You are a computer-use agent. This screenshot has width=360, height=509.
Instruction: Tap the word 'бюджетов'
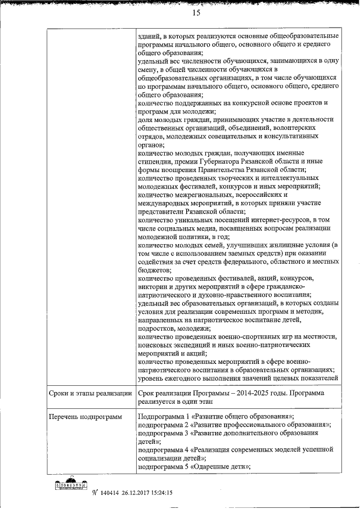pos(154,270)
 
